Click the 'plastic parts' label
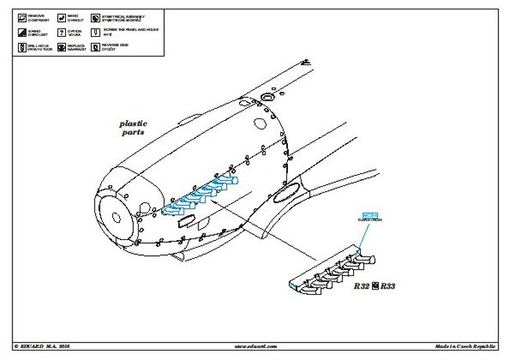[x=133, y=128]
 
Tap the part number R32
[x=361, y=287]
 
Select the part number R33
[x=388, y=287]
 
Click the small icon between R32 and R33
[x=375, y=286]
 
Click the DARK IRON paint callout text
[x=370, y=220]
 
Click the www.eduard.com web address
[x=255, y=345]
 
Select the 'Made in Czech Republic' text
[x=466, y=345]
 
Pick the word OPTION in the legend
[x=74, y=30]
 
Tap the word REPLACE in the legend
[x=75, y=46]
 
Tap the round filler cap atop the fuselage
[x=266, y=97]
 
